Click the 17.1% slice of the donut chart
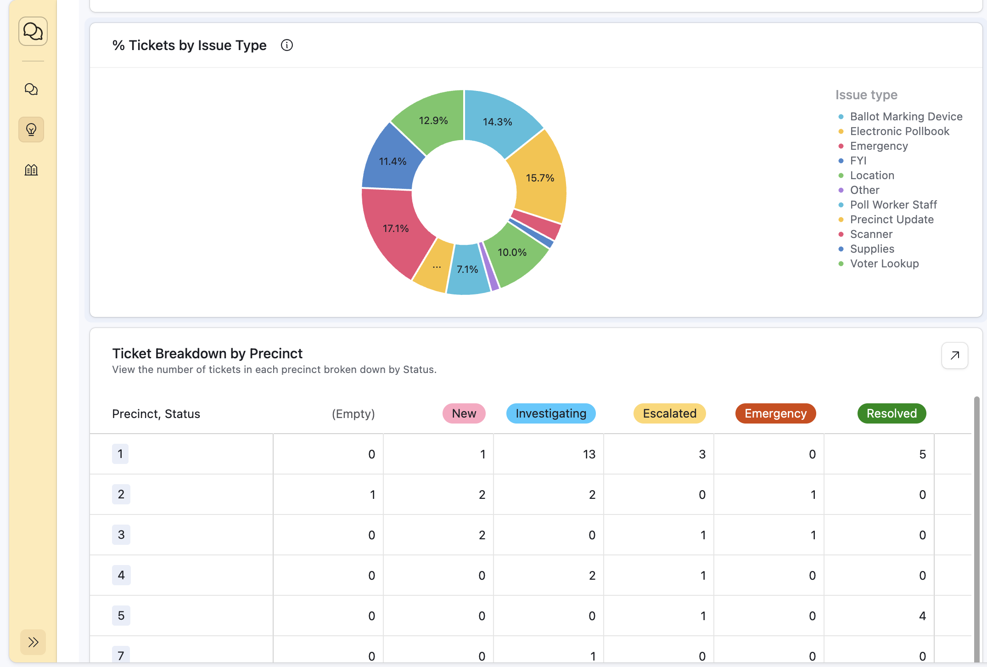pyautogui.click(x=396, y=228)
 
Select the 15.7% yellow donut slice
pyautogui.click(x=540, y=178)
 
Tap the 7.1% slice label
pyautogui.click(x=467, y=270)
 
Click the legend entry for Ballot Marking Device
pyautogui.click(x=906, y=117)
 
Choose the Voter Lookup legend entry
pyautogui.click(x=884, y=264)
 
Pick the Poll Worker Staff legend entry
pyautogui.click(x=893, y=205)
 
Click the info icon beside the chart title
pyautogui.click(x=287, y=45)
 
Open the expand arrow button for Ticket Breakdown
pyautogui.click(x=954, y=356)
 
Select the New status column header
pyautogui.click(x=464, y=413)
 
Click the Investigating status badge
pyautogui.click(x=551, y=413)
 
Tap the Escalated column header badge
pyautogui.click(x=669, y=413)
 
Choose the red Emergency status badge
pyautogui.click(x=775, y=413)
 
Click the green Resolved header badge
pyautogui.click(x=892, y=413)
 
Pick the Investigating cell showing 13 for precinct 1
pyautogui.click(x=589, y=454)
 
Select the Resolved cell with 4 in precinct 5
pyautogui.click(x=922, y=616)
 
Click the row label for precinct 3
pyautogui.click(x=121, y=535)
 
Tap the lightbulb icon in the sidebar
pyautogui.click(x=31, y=130)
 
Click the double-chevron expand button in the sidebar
pyautogui.click(x=33, y=642)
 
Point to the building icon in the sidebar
pyautogui.click(x=31, y=170)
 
